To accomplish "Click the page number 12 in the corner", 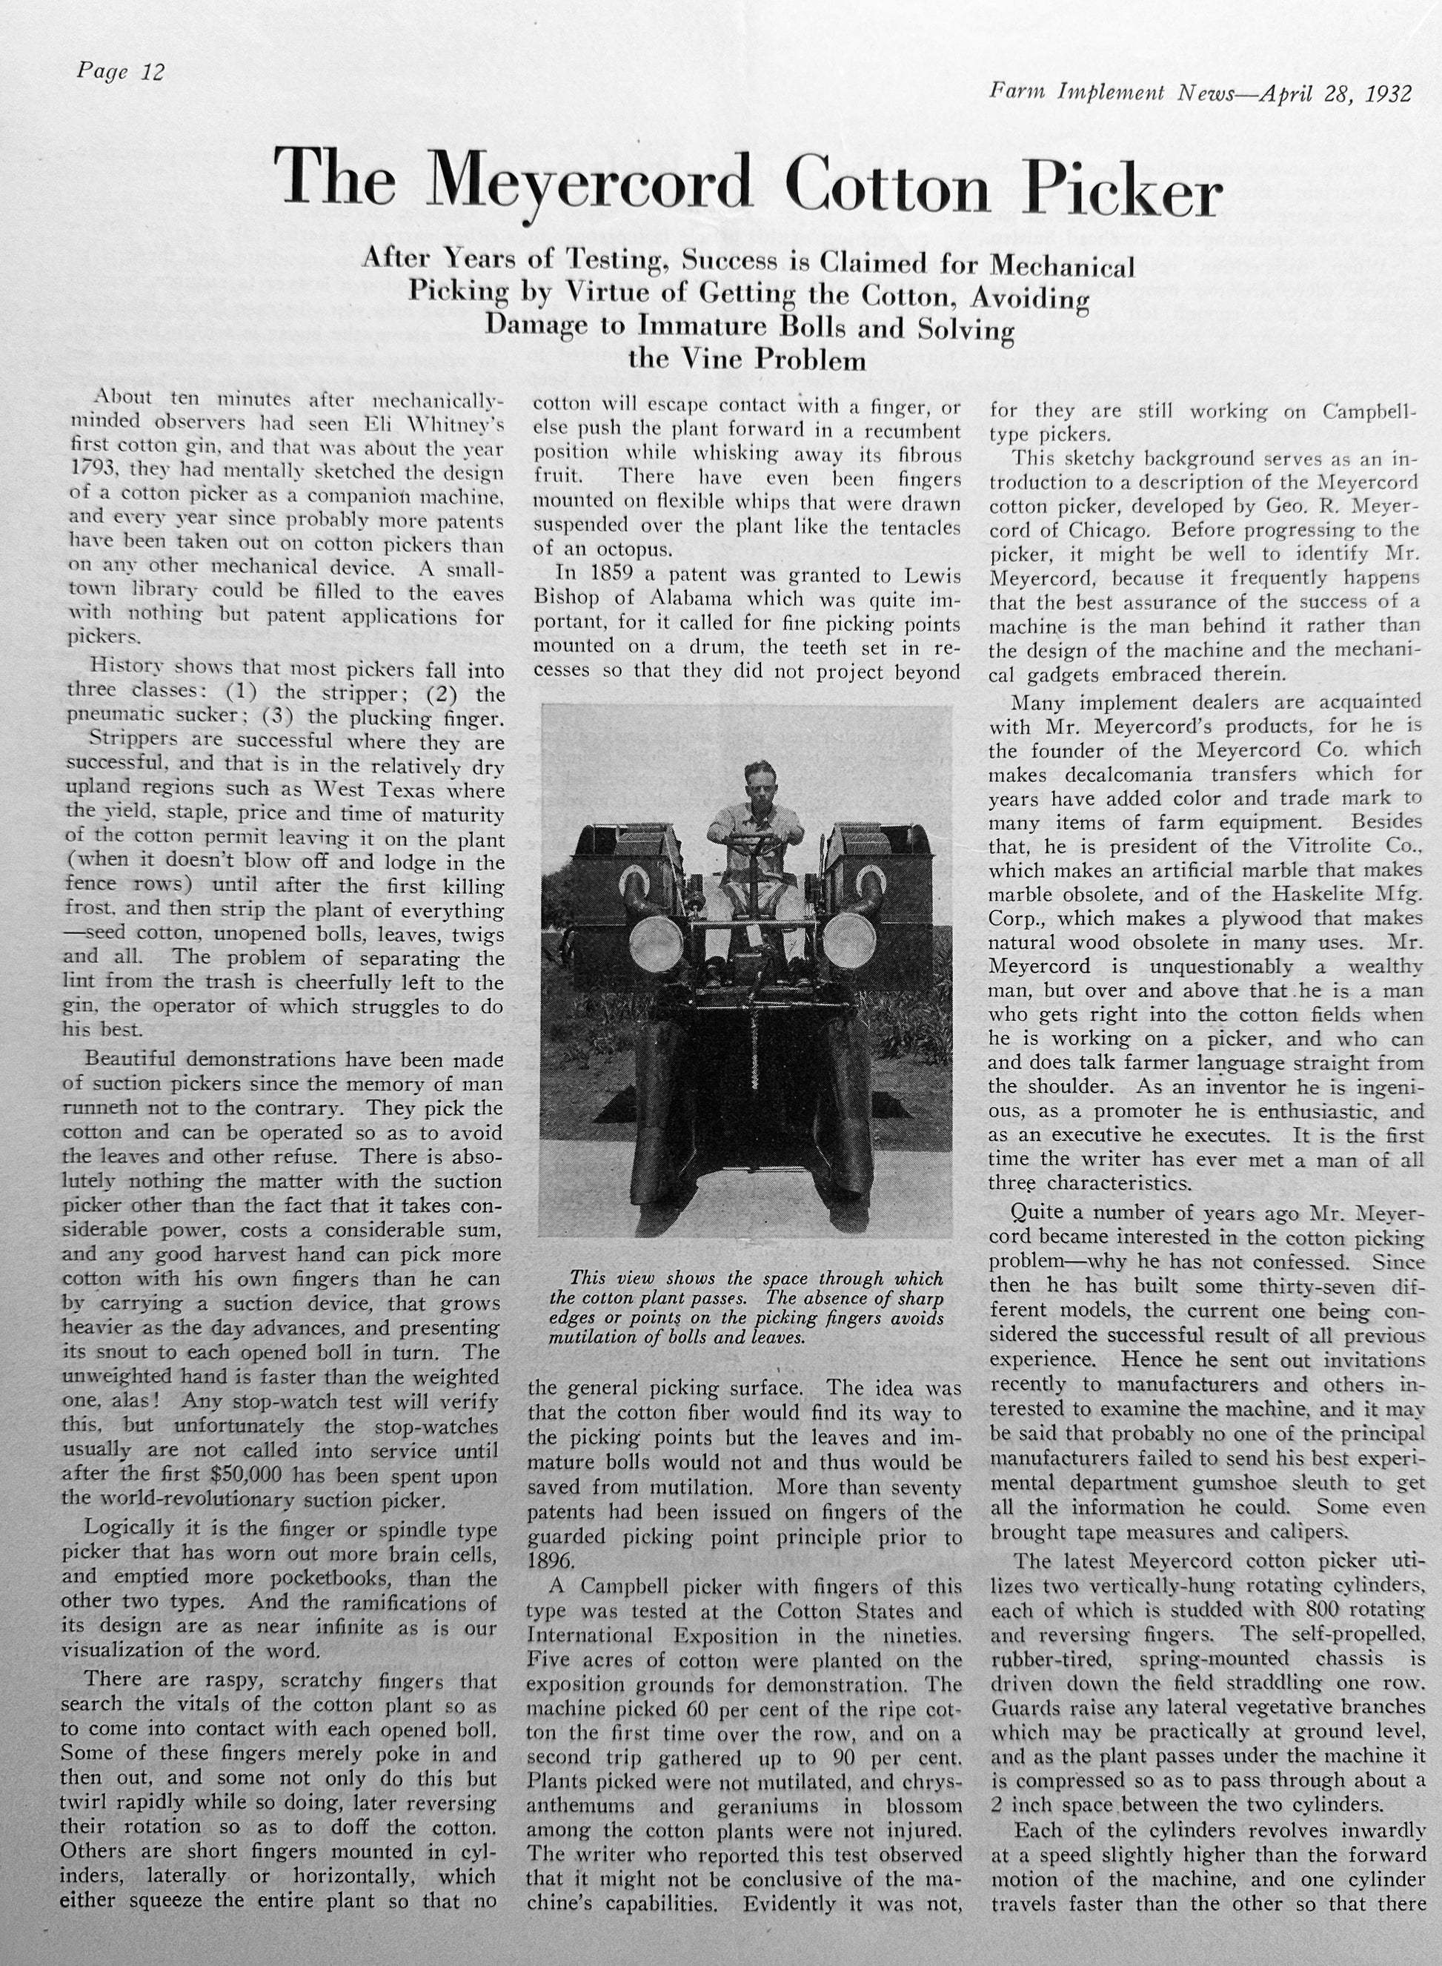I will click(152, 72).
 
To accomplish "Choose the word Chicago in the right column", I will click(1108, 530).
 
